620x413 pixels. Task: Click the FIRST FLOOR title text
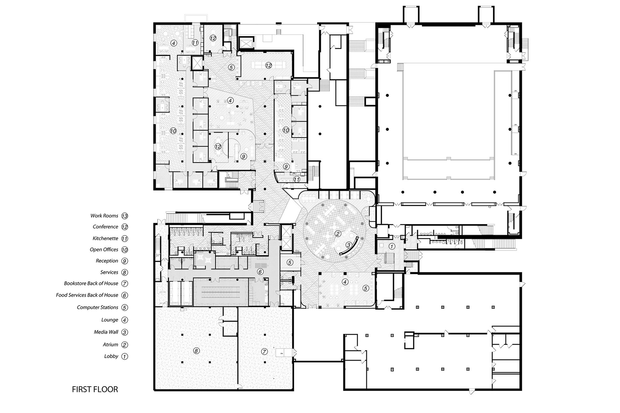pyautogui.click(x=95, y=389)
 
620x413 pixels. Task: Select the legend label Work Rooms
pyautogui.click(x=104, y=216)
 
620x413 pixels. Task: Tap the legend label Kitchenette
pyautogui.click(x=105, y=238)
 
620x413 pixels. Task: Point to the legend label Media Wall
pyautogui.click(x=106, y=332)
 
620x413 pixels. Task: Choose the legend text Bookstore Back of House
pyautogui.click(x=91, y=283)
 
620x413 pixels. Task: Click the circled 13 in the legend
pyautogui.click(x=125, y=216)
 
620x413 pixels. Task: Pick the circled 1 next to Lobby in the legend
pyautogui.click(x=125, y=356)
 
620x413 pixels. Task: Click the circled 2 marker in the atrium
pyautogui.click(x=338, y=234)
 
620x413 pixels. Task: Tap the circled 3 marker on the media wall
pyautogui.click(x=348, y=245)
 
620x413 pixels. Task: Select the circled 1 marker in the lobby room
pyautogui.click(x=392, y=247)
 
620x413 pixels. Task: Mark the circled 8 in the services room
pyautogui.click(x=196, y=351)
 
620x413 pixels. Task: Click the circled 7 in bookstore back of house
pyautogui.click(x=264, y=351)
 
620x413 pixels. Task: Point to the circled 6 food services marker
pyautogui.click(x=260, y=272)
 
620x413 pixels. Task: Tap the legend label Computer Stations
pyautogui.click(x=97, y=307)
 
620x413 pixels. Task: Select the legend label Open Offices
pyautogui.click(x=104, y=249)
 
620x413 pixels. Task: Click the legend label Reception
pyautogui.click(x=107, y=261)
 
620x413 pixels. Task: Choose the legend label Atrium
pyautogui.click(x=110, y=344)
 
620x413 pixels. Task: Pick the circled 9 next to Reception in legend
pyautogui.click(x=125, y=261)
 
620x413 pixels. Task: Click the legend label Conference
pyautogui.click(x=105, y=226)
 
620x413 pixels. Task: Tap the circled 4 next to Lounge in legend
pyautogui.click(x=125, y=320)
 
